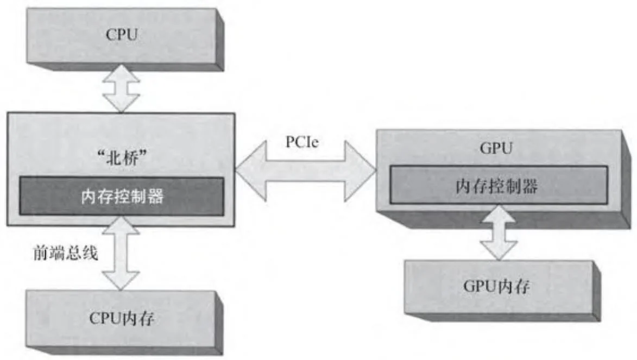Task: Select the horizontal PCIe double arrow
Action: coord(306,172)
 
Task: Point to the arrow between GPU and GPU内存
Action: coord(497,233)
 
